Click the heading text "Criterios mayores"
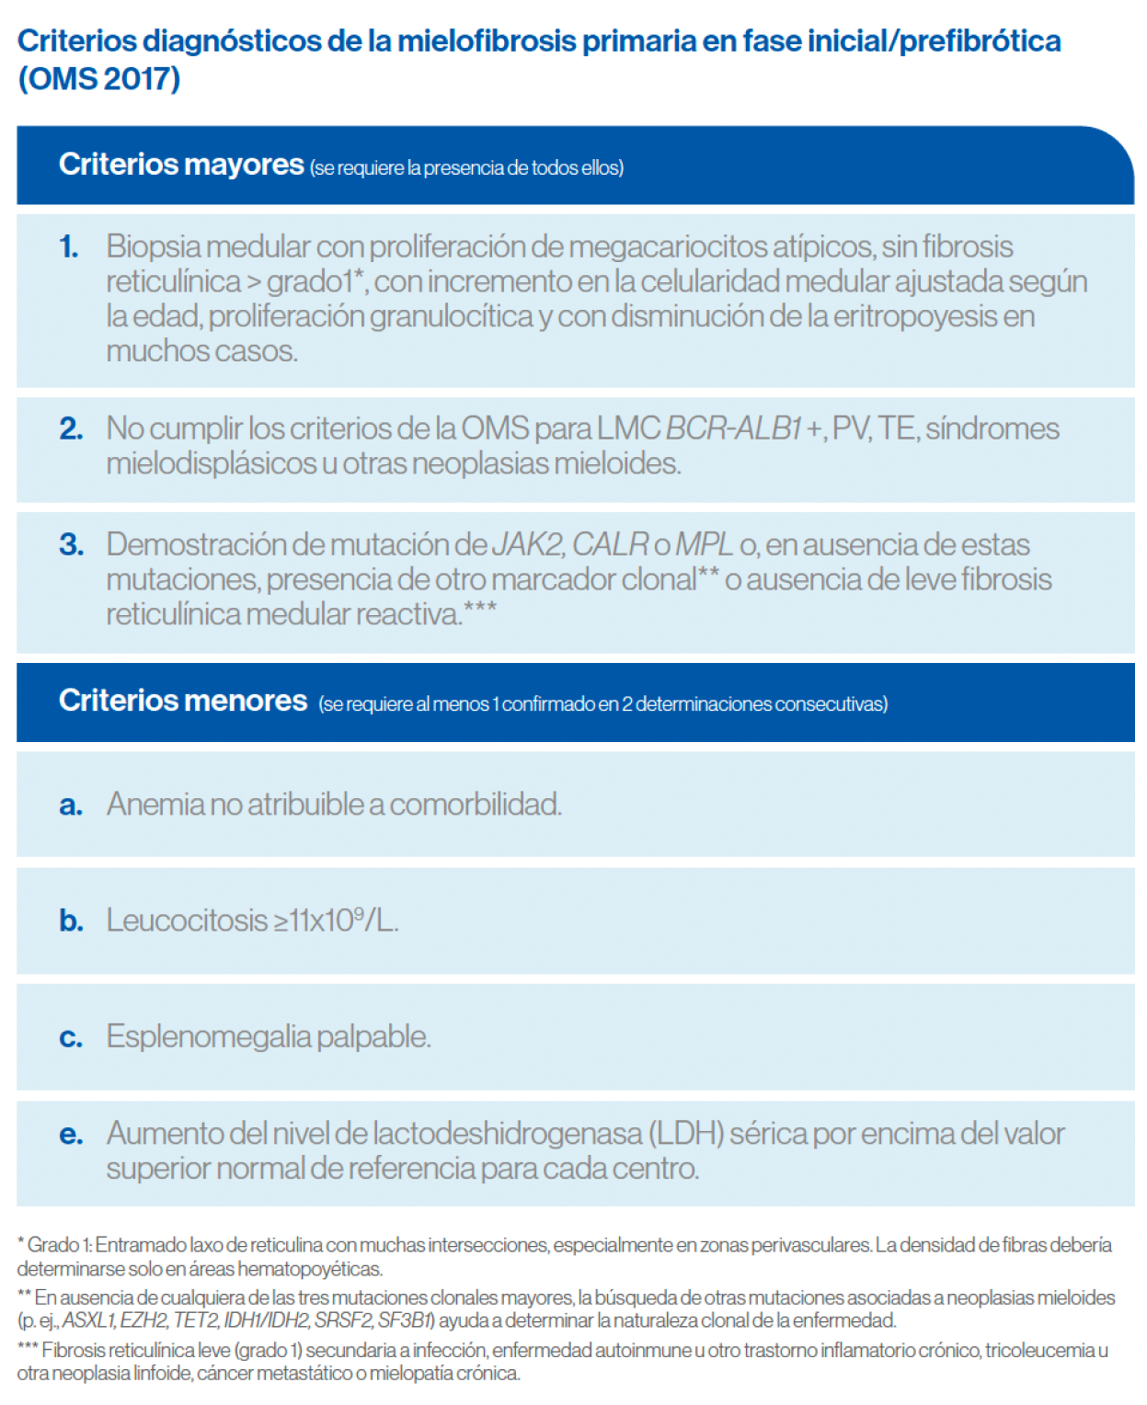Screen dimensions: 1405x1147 pyautogui.click(x=181, y=165)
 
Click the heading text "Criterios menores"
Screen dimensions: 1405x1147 pyautogui.click(x=183, y=701)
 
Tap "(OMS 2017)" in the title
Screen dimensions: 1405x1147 pyautogui.click(x=99, y=79)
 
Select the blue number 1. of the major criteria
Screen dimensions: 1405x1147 pyautogui.click(x=69, y=246)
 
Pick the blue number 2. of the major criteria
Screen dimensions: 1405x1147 pyautogui.click(x=71, y=428)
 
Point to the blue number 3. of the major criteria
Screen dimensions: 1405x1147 pyautogui.click(x=71, y=544)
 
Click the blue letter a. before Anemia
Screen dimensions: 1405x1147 pyautogui.click(x=71, y=805)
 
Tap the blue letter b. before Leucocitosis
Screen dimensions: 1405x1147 pyautogui.click(x=71, y=920)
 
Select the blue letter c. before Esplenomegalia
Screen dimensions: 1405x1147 pyautogui.click(x=71, y=1037)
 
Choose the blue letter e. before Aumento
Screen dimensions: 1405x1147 pyautogui.click(x=71, y=1135)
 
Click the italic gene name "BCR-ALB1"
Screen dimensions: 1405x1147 pyautogui.click(x=733, y=428)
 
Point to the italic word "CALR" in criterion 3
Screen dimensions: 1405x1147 pyautogui.click(x=611, y=544)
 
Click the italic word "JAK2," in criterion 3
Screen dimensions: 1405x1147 pyautogui.click(x=528, y=544)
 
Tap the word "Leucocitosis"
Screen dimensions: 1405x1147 pyautogui.click(x=187, y=920)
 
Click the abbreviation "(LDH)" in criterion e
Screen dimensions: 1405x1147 pyautogui.click(x=686, y=1134)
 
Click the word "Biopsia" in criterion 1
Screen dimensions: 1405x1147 pyautogui.click(x=152, y=246)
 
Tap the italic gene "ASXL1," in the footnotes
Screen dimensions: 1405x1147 pyautogui.click(x=89, y=1321)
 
